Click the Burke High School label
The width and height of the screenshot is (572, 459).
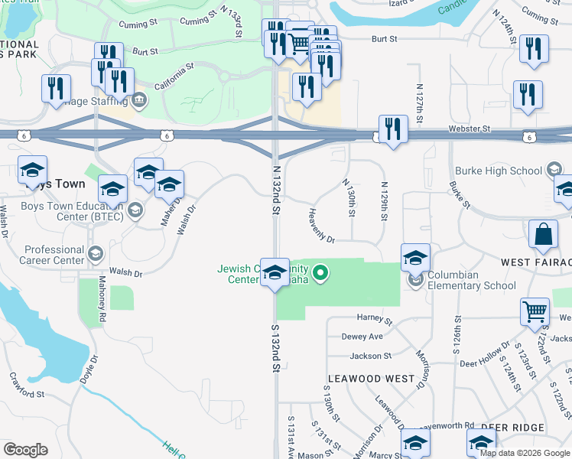[x=498, y=171]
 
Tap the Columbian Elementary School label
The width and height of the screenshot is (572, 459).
[x=471, y=280]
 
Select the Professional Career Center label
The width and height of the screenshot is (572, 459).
[x=54, y=255]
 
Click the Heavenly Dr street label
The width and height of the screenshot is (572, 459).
[x=322, y=226]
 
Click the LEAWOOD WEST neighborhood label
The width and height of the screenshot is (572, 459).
[x=371, y=379]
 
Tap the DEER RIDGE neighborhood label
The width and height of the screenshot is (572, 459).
[x=513, y=427]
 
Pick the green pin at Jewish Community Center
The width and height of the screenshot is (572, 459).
[x=322, y=271]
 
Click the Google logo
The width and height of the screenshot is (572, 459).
[x=25, y=450]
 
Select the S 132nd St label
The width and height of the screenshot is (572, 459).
[x=275, y=347]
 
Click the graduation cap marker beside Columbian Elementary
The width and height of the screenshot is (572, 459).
[x=415, y=258]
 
